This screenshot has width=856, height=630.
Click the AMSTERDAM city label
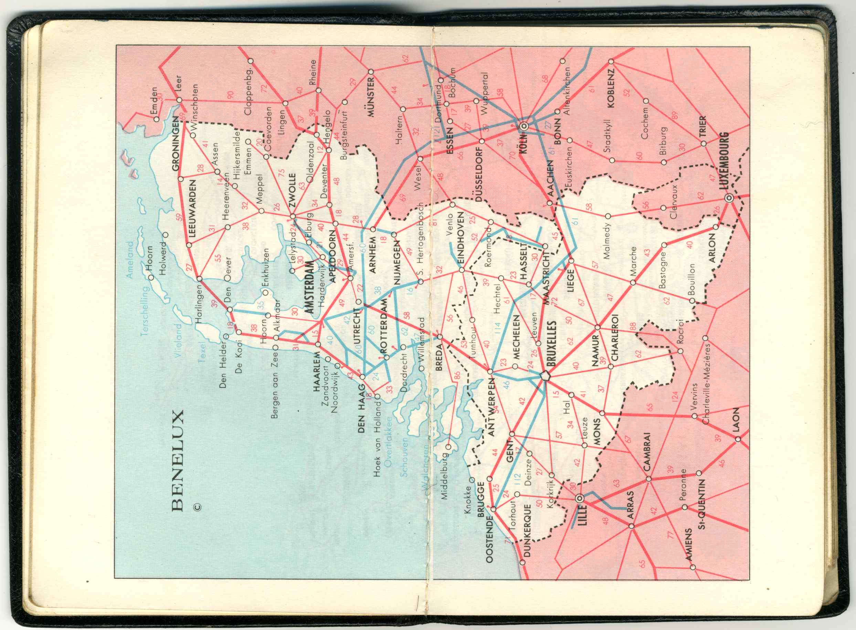[x=310, y=287]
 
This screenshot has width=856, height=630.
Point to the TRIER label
[x=702, y=127]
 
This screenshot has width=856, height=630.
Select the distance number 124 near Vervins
[x=676, y=397]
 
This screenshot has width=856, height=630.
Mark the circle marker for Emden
[x=156, y=119]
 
